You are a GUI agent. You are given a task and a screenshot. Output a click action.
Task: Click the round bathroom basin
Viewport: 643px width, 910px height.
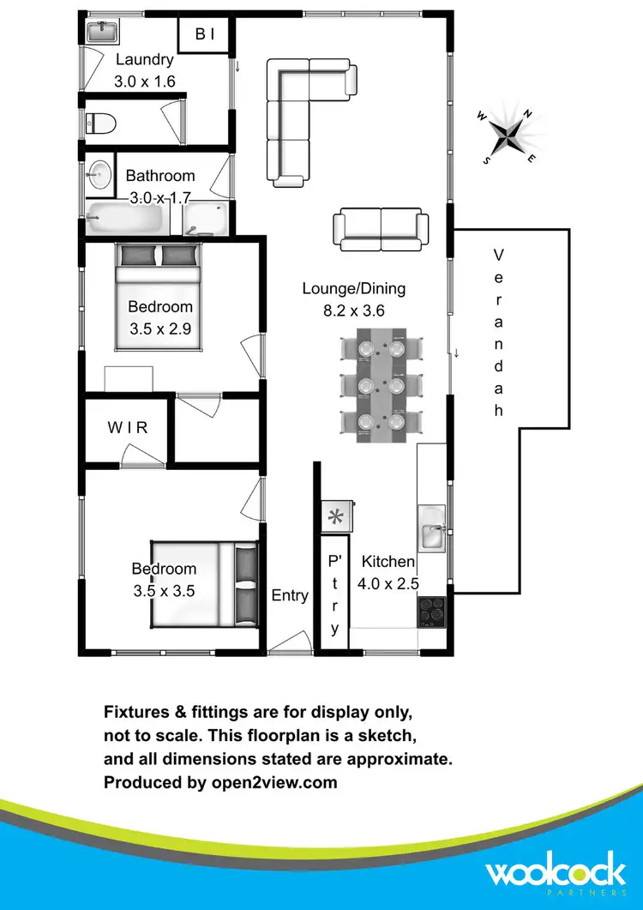pos(99,176)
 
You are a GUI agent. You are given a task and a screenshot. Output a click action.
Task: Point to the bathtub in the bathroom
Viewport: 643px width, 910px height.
pos(125,220)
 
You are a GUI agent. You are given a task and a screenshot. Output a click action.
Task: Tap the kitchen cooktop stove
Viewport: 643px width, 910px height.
pos(430,611)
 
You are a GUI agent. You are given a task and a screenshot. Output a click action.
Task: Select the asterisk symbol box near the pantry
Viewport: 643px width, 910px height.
pos(335,517)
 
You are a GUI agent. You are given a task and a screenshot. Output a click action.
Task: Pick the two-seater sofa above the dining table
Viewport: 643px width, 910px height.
pos(380,228)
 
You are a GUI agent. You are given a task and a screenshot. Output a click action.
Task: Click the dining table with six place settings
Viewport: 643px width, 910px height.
pos(381,386)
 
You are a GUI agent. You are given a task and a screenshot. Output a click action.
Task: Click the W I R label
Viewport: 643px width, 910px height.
pos(127,427)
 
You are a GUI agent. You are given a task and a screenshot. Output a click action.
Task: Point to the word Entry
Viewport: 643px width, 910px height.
pos(289,595)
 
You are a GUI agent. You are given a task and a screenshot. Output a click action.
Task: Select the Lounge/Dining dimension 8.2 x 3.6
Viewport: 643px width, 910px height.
pos(353,310)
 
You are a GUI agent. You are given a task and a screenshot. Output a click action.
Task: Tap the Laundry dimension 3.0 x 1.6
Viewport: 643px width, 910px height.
pos(144,82)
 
